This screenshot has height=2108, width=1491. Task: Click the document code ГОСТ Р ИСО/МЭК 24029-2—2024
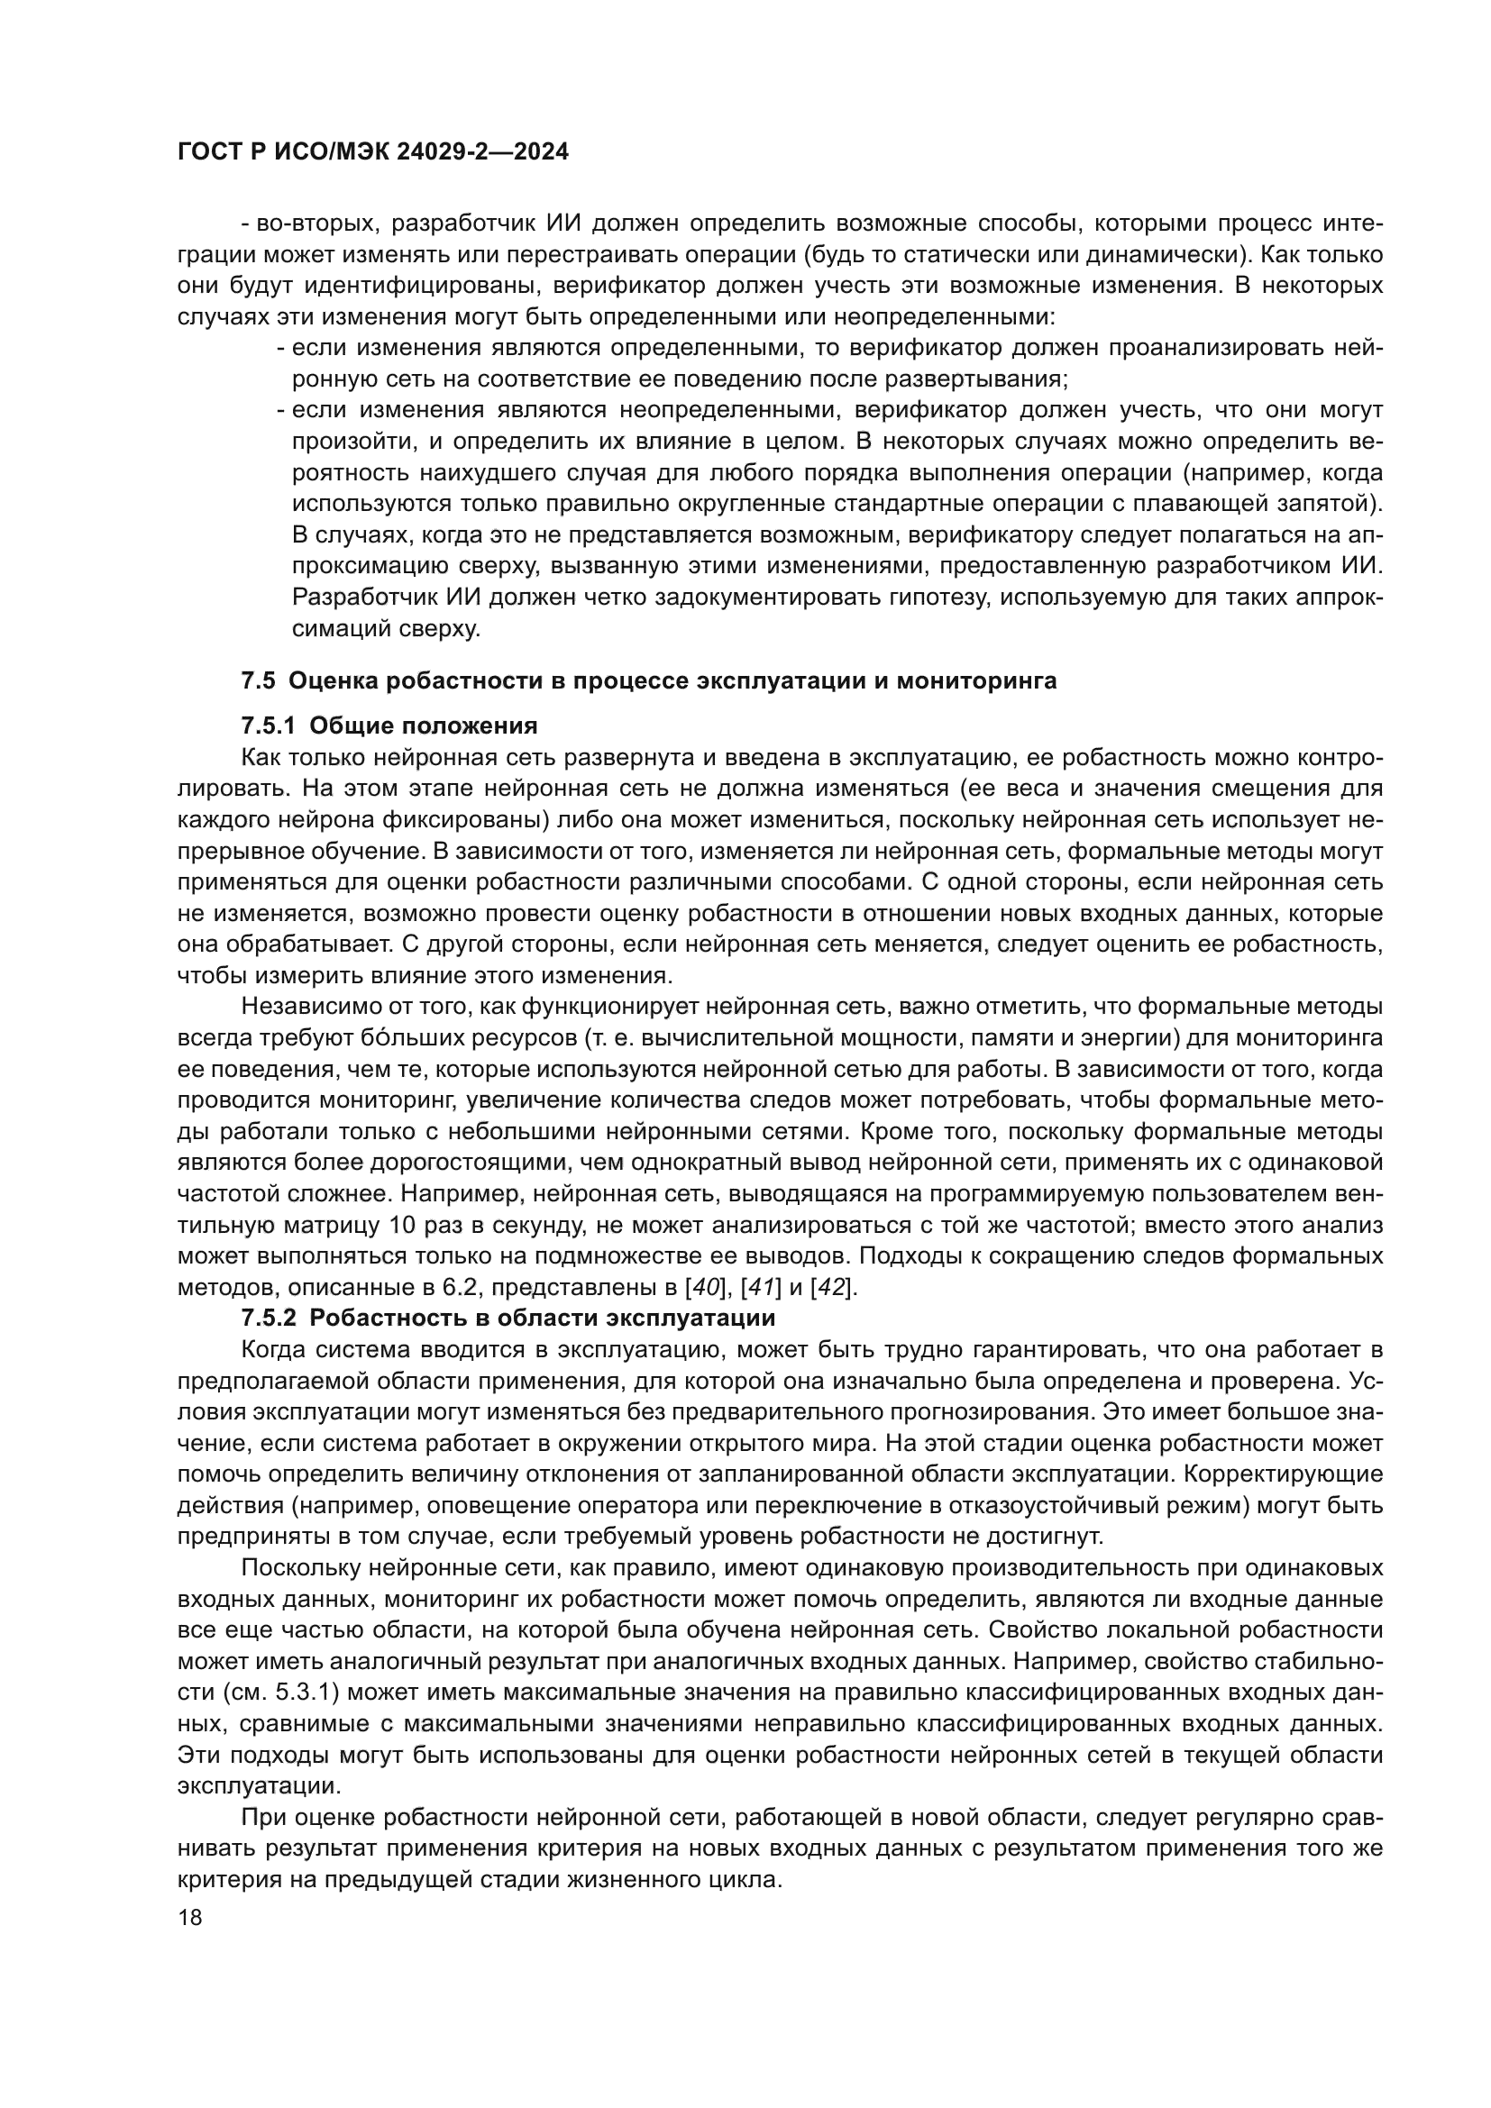[x=373, y=152]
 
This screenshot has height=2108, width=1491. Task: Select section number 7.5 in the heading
[x=258, y=680]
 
